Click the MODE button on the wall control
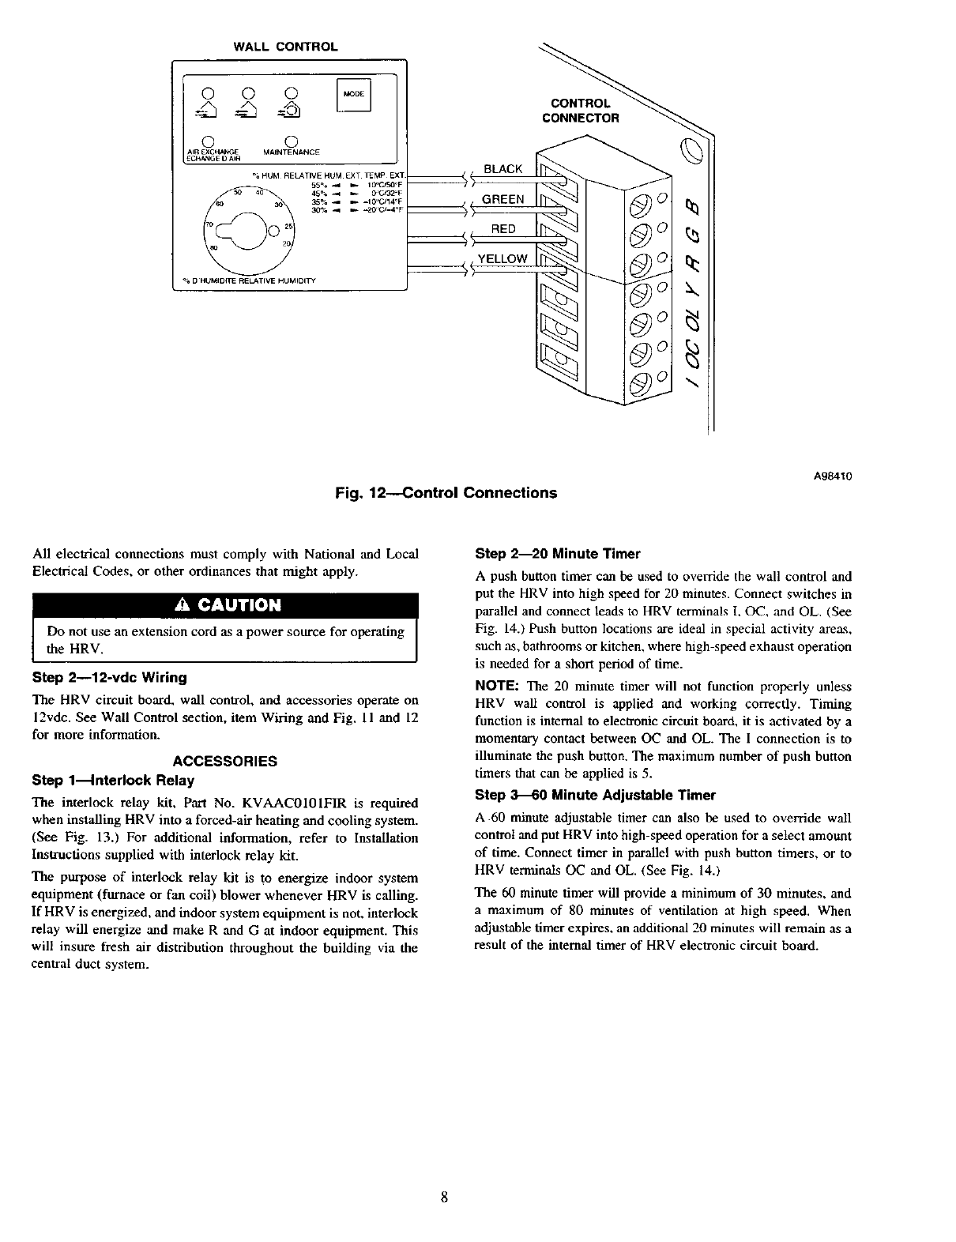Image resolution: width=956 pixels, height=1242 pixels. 354,94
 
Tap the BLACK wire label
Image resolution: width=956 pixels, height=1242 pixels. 502,169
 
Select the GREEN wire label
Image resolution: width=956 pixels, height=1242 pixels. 502,199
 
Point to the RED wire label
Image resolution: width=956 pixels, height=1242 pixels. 503,229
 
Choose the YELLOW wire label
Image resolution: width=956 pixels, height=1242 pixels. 502,259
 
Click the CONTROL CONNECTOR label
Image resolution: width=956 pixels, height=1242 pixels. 580,111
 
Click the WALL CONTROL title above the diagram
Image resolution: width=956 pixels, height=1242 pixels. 285,47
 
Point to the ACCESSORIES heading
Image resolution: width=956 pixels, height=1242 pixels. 225,762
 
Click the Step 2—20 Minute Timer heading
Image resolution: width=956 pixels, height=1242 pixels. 557,554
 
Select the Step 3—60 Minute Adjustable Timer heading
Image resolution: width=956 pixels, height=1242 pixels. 595,795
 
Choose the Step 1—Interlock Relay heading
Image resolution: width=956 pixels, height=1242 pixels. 113,781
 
